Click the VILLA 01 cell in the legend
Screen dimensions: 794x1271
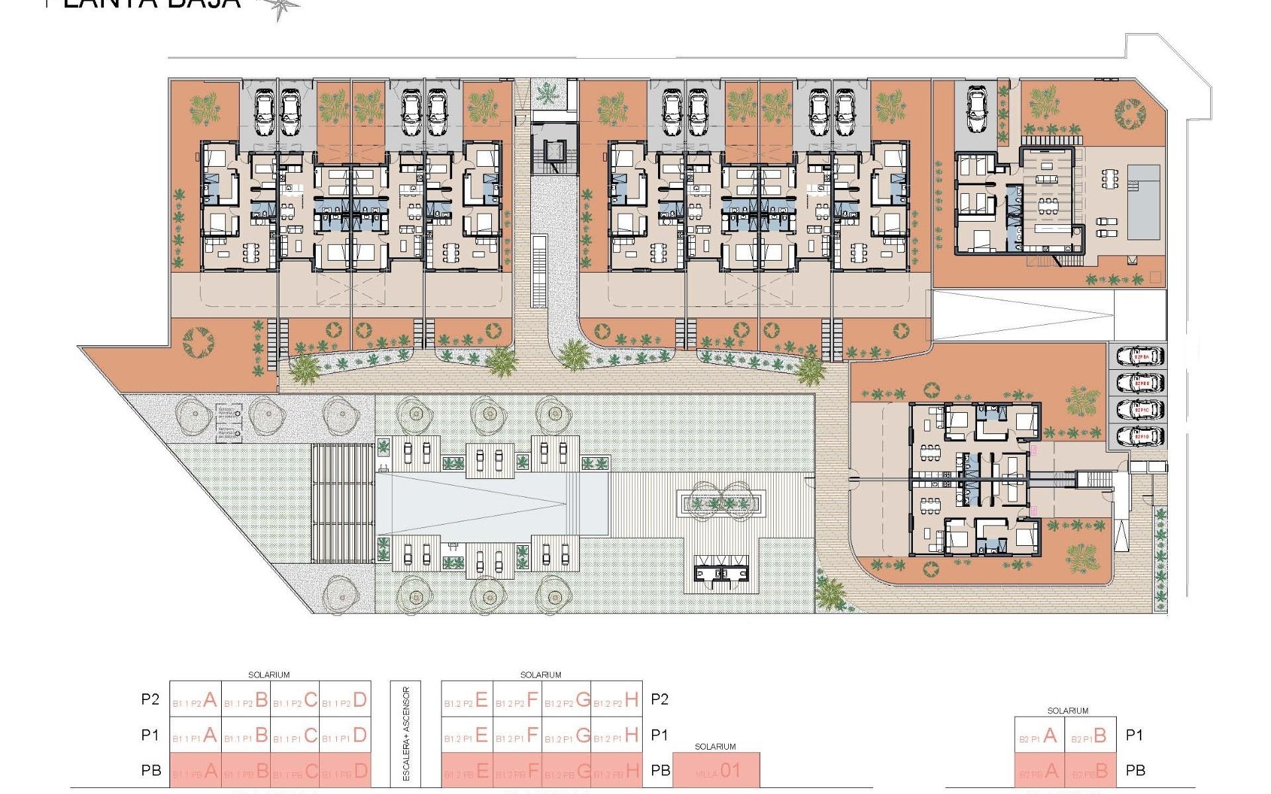pos(716,771)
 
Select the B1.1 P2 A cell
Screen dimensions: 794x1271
pos(195,700)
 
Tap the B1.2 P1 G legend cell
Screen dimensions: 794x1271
pos(567,736)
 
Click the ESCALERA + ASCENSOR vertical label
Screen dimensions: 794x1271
pos(406,733)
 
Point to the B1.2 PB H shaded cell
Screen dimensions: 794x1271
pos(616,771)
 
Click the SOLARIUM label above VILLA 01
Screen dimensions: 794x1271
pos(715,746)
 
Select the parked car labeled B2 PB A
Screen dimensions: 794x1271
pos(1140,357)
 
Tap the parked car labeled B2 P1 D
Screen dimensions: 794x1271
pos(1140,437)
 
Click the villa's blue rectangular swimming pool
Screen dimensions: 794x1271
pos(1144,202)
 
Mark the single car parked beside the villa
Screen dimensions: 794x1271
pos(977,109)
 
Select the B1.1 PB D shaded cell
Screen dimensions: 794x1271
pos(345,771)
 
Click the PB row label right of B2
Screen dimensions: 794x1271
pos(1135,771)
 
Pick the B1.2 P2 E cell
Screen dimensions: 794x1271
pos(467,700)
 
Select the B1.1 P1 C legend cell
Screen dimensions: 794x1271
pos(295,736)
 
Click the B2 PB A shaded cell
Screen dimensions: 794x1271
pos(1039,771)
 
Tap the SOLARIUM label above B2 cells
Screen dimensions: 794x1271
pos(1067,711)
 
